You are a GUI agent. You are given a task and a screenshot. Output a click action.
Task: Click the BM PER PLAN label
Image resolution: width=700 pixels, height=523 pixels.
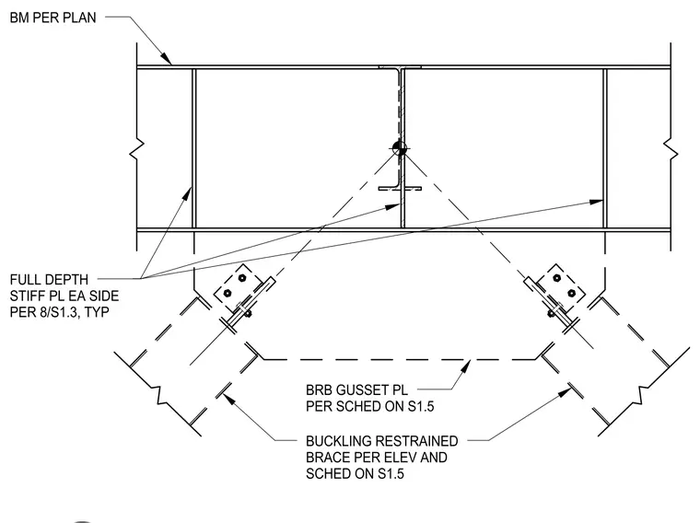pos(52,17)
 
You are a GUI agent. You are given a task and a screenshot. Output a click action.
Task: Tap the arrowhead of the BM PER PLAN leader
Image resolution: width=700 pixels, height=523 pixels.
pos(166,58)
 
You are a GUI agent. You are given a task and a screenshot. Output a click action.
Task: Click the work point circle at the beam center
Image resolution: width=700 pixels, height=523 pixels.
pos(399,149)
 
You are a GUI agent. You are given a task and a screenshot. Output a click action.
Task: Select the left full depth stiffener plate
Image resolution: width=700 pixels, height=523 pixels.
pos(193,148)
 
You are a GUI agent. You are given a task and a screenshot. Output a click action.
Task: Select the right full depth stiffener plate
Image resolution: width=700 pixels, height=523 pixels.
pos(605,148)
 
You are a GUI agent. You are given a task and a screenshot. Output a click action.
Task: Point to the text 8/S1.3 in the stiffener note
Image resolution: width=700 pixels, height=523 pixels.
pos(58,311)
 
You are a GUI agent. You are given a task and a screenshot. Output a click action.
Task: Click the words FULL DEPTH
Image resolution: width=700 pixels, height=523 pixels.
pos(49,280)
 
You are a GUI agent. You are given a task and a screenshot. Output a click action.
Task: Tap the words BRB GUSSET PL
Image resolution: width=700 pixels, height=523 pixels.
pos(356,390)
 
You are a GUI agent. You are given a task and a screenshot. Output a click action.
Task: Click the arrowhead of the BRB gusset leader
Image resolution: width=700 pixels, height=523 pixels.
pos(466,366)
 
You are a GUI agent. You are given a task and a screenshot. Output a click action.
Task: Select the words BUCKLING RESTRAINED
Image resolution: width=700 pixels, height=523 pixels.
pos(381,441)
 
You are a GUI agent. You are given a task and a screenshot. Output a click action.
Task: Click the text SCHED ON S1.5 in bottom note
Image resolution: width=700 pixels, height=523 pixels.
pos(355,473)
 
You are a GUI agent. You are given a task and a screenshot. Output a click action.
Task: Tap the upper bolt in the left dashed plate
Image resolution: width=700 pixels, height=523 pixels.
pos(242,278)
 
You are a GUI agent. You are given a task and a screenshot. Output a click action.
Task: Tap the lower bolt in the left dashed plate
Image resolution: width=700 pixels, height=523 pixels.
pos(227,293)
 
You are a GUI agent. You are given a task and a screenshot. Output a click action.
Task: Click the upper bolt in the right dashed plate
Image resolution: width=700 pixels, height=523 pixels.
pos(556,278)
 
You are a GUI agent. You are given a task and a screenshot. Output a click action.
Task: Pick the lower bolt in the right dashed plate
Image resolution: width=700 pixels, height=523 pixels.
pos(571,293)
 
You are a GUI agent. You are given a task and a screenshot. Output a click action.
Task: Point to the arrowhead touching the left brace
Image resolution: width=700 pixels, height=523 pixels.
pos(228,400)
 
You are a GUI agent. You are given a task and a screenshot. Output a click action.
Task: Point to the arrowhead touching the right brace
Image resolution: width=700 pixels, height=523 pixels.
pos(566,392)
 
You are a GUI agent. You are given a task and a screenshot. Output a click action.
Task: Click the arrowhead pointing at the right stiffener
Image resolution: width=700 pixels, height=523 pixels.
pos(596,202)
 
